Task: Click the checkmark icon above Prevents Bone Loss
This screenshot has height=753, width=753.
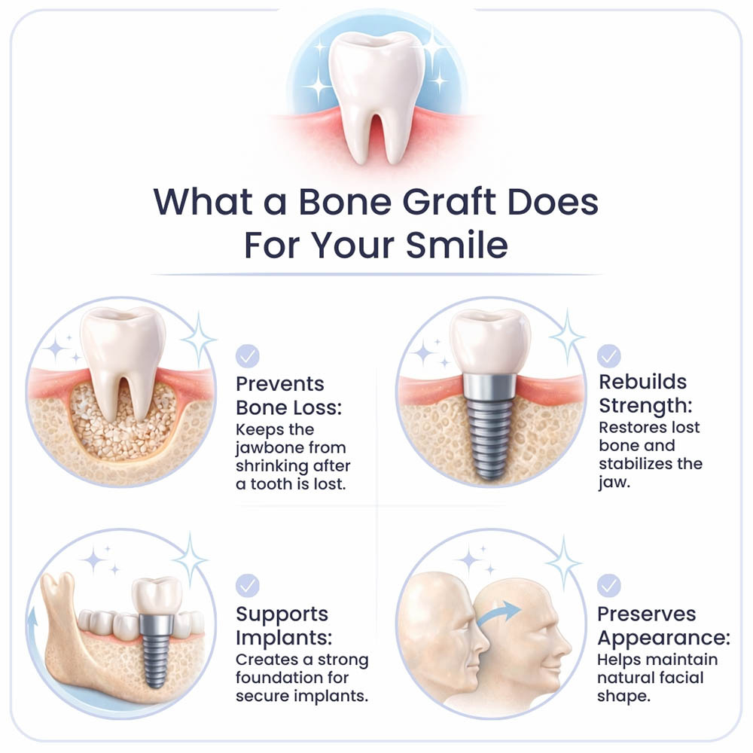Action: [x=248, y=355]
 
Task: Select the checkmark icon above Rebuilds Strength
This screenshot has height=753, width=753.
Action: [x=608, y=355]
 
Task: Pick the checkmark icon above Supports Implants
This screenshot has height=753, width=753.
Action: [x=248, y=585]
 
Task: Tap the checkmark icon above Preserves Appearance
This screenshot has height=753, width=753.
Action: [x=608, y=585]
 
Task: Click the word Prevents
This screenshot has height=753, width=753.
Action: [x=280, y=383]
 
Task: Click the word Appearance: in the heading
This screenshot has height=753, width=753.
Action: [x=663, y=639]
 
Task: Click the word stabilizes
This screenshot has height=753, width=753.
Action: [x=633, y=463]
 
